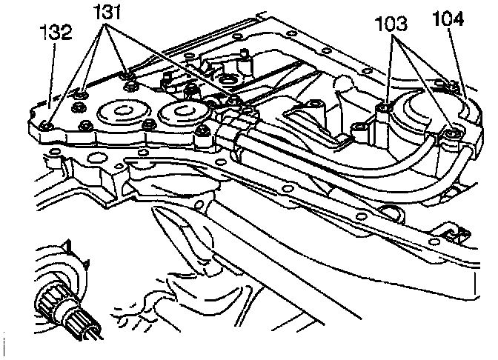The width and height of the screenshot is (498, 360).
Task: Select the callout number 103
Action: point(391,24)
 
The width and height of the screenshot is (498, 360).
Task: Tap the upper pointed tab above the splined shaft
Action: point(67,244)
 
